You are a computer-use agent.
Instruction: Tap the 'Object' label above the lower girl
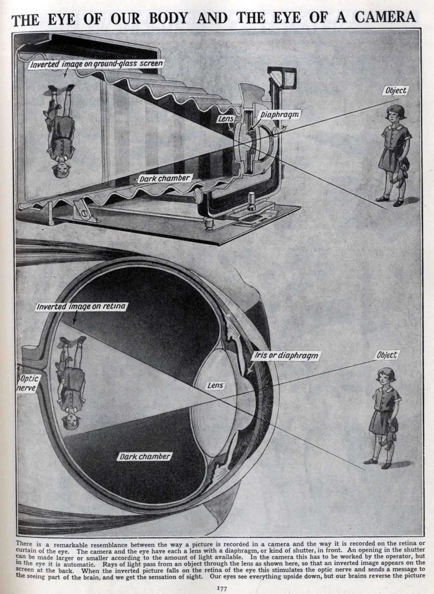tap(387, 355)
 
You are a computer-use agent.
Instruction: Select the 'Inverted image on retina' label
tap(81, 307)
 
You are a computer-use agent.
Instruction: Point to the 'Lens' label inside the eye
tap(215, 386)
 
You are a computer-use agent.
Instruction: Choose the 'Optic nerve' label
tap(28, 384)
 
